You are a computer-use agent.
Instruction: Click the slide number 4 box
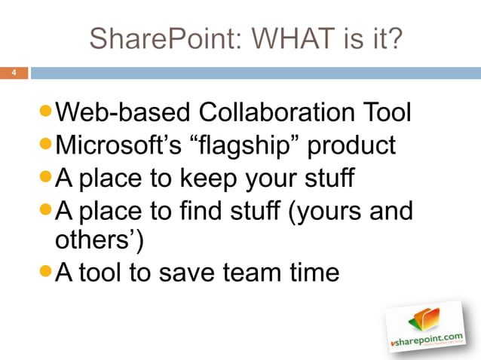coord(14,74)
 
